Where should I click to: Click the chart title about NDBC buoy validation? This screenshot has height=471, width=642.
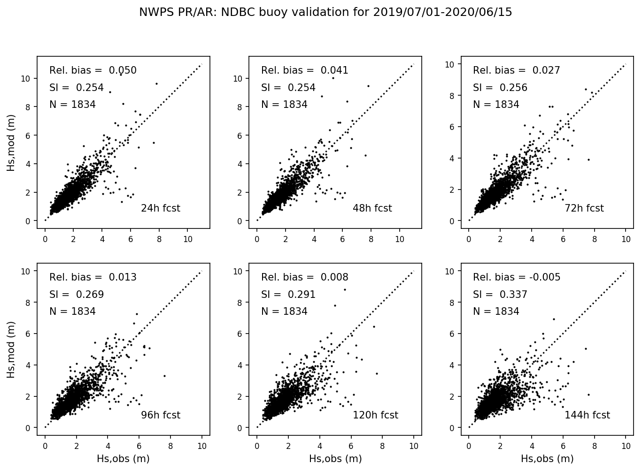click(x=325, y=12)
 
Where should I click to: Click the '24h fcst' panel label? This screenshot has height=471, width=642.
click(x=160, y=208)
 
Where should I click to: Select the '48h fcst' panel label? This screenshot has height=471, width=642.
click(x=372, y=208)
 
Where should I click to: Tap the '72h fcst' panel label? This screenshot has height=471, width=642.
click(x=584, y=208)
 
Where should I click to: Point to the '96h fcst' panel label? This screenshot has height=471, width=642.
click(x=160, y=415)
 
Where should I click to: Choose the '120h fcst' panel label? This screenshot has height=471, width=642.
click(x=375, y=415)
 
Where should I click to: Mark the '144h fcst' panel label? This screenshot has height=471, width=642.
click(x=587, y=415)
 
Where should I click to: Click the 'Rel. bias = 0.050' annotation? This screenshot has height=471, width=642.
click(x=93, y=70)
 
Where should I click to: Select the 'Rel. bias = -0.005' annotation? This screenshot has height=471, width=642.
click(x=517, y=277)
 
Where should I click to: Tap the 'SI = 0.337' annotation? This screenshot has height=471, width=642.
click(x=500, y=295)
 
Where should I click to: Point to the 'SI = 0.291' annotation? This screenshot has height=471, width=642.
click(x=288, y=295)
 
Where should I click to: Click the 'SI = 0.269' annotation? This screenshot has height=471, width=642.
click(x=77, y=295)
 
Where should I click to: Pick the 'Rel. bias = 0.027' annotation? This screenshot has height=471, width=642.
click(x=517, y=70)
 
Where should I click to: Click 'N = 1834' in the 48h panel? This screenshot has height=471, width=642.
click(x=284, y=105)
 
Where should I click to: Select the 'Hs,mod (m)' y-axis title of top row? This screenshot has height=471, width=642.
click(x=11, y=143)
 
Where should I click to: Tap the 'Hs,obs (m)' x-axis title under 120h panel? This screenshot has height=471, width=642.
click(x=335, y=459)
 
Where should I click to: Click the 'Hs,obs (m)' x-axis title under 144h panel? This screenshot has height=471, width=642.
click(x=547, y=459)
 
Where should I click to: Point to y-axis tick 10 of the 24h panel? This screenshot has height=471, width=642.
click(x=26, y=78)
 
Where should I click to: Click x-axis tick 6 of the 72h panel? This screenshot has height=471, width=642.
click(x=563, y=239)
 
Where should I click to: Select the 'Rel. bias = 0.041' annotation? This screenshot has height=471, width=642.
click(x=305, y=70)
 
